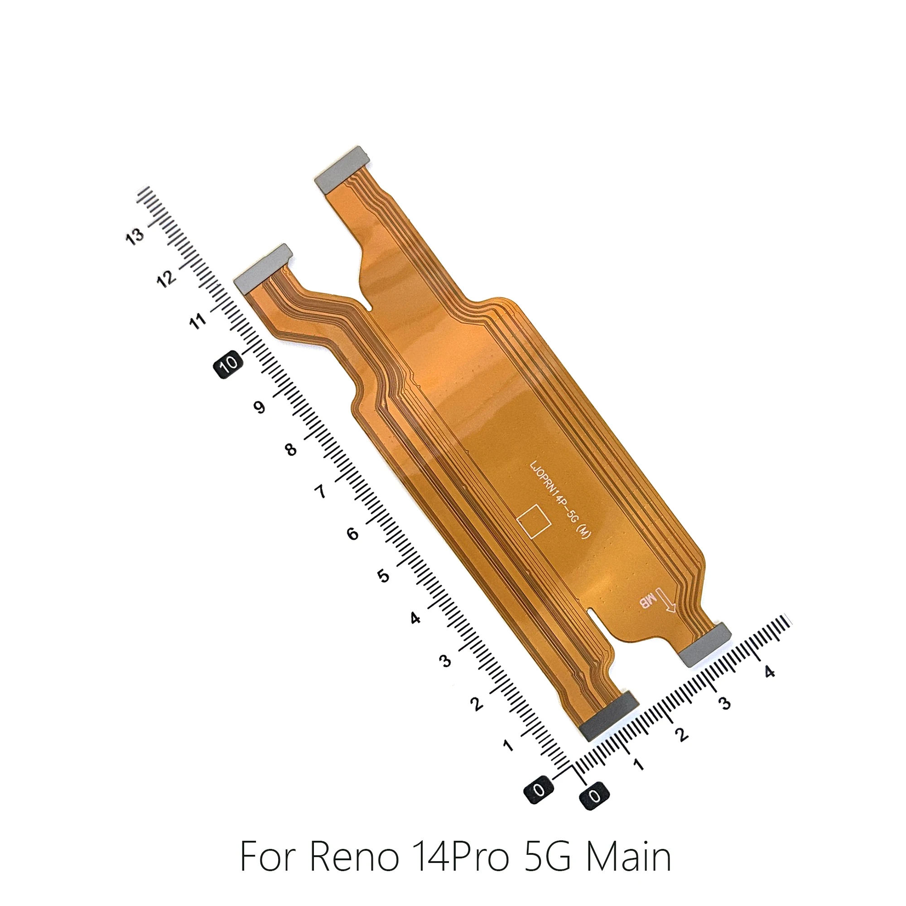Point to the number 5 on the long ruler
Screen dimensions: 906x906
point(384,576)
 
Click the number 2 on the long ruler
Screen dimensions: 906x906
point(477,704)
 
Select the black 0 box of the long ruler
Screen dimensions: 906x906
point(539,791)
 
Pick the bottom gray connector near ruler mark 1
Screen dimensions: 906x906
point(609,717)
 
